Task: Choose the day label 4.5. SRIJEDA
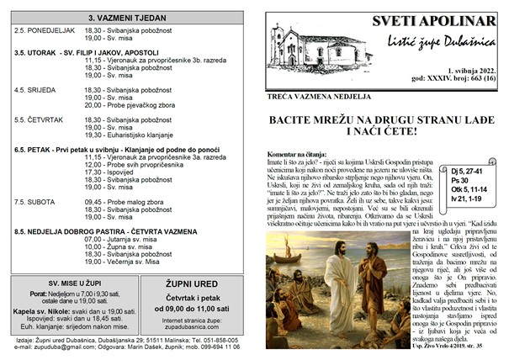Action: pos(35,88)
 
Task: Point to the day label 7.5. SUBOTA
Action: pos(34,201)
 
